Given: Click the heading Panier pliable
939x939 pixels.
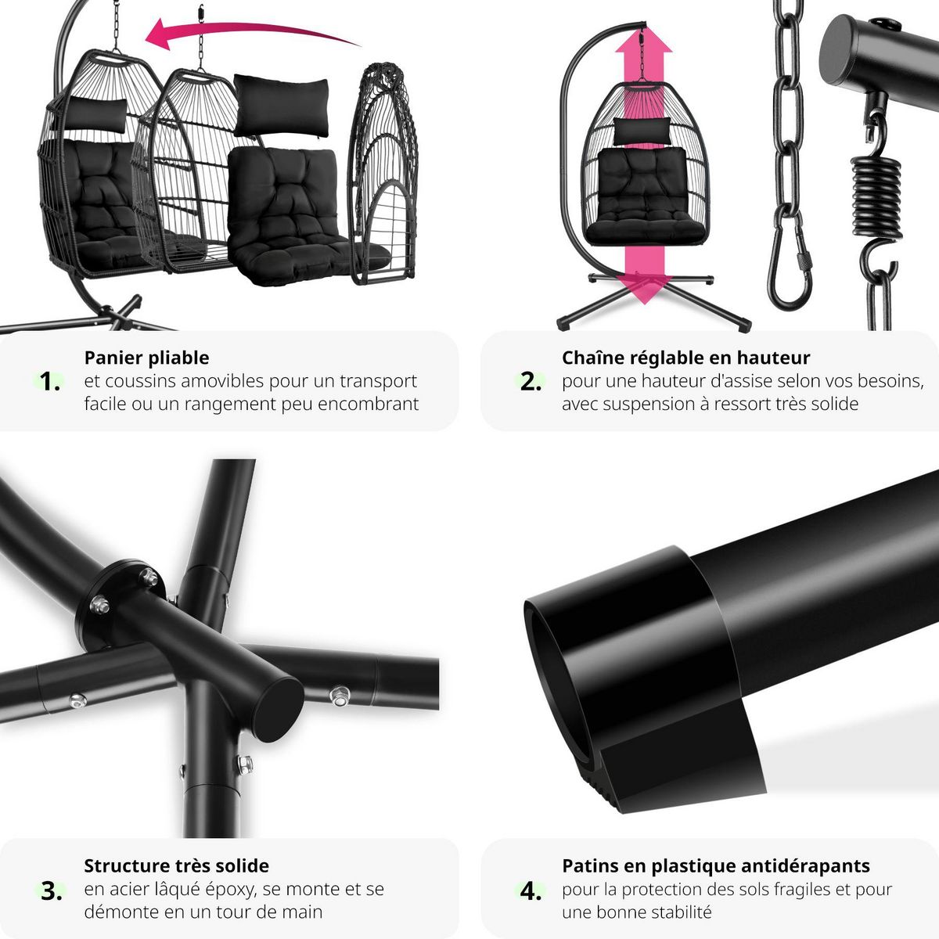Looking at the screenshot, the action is [146, 358].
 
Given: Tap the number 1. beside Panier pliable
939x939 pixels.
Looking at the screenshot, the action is [50, 382].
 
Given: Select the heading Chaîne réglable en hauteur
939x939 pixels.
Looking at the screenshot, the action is [685, 358].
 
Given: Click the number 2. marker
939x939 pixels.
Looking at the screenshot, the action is [531, 382].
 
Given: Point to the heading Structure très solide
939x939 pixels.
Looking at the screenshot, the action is [176, 865].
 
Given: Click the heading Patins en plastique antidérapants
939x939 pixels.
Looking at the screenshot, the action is [716, 865].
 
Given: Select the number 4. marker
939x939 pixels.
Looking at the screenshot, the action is [531, 890].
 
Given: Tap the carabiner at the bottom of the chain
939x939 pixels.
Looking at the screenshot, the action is [790, 263].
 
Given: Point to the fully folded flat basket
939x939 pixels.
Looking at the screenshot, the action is [383, 174].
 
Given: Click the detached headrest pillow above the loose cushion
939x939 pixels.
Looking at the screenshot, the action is [281, 106].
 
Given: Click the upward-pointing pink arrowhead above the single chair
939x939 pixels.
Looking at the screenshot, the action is [643, 40].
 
